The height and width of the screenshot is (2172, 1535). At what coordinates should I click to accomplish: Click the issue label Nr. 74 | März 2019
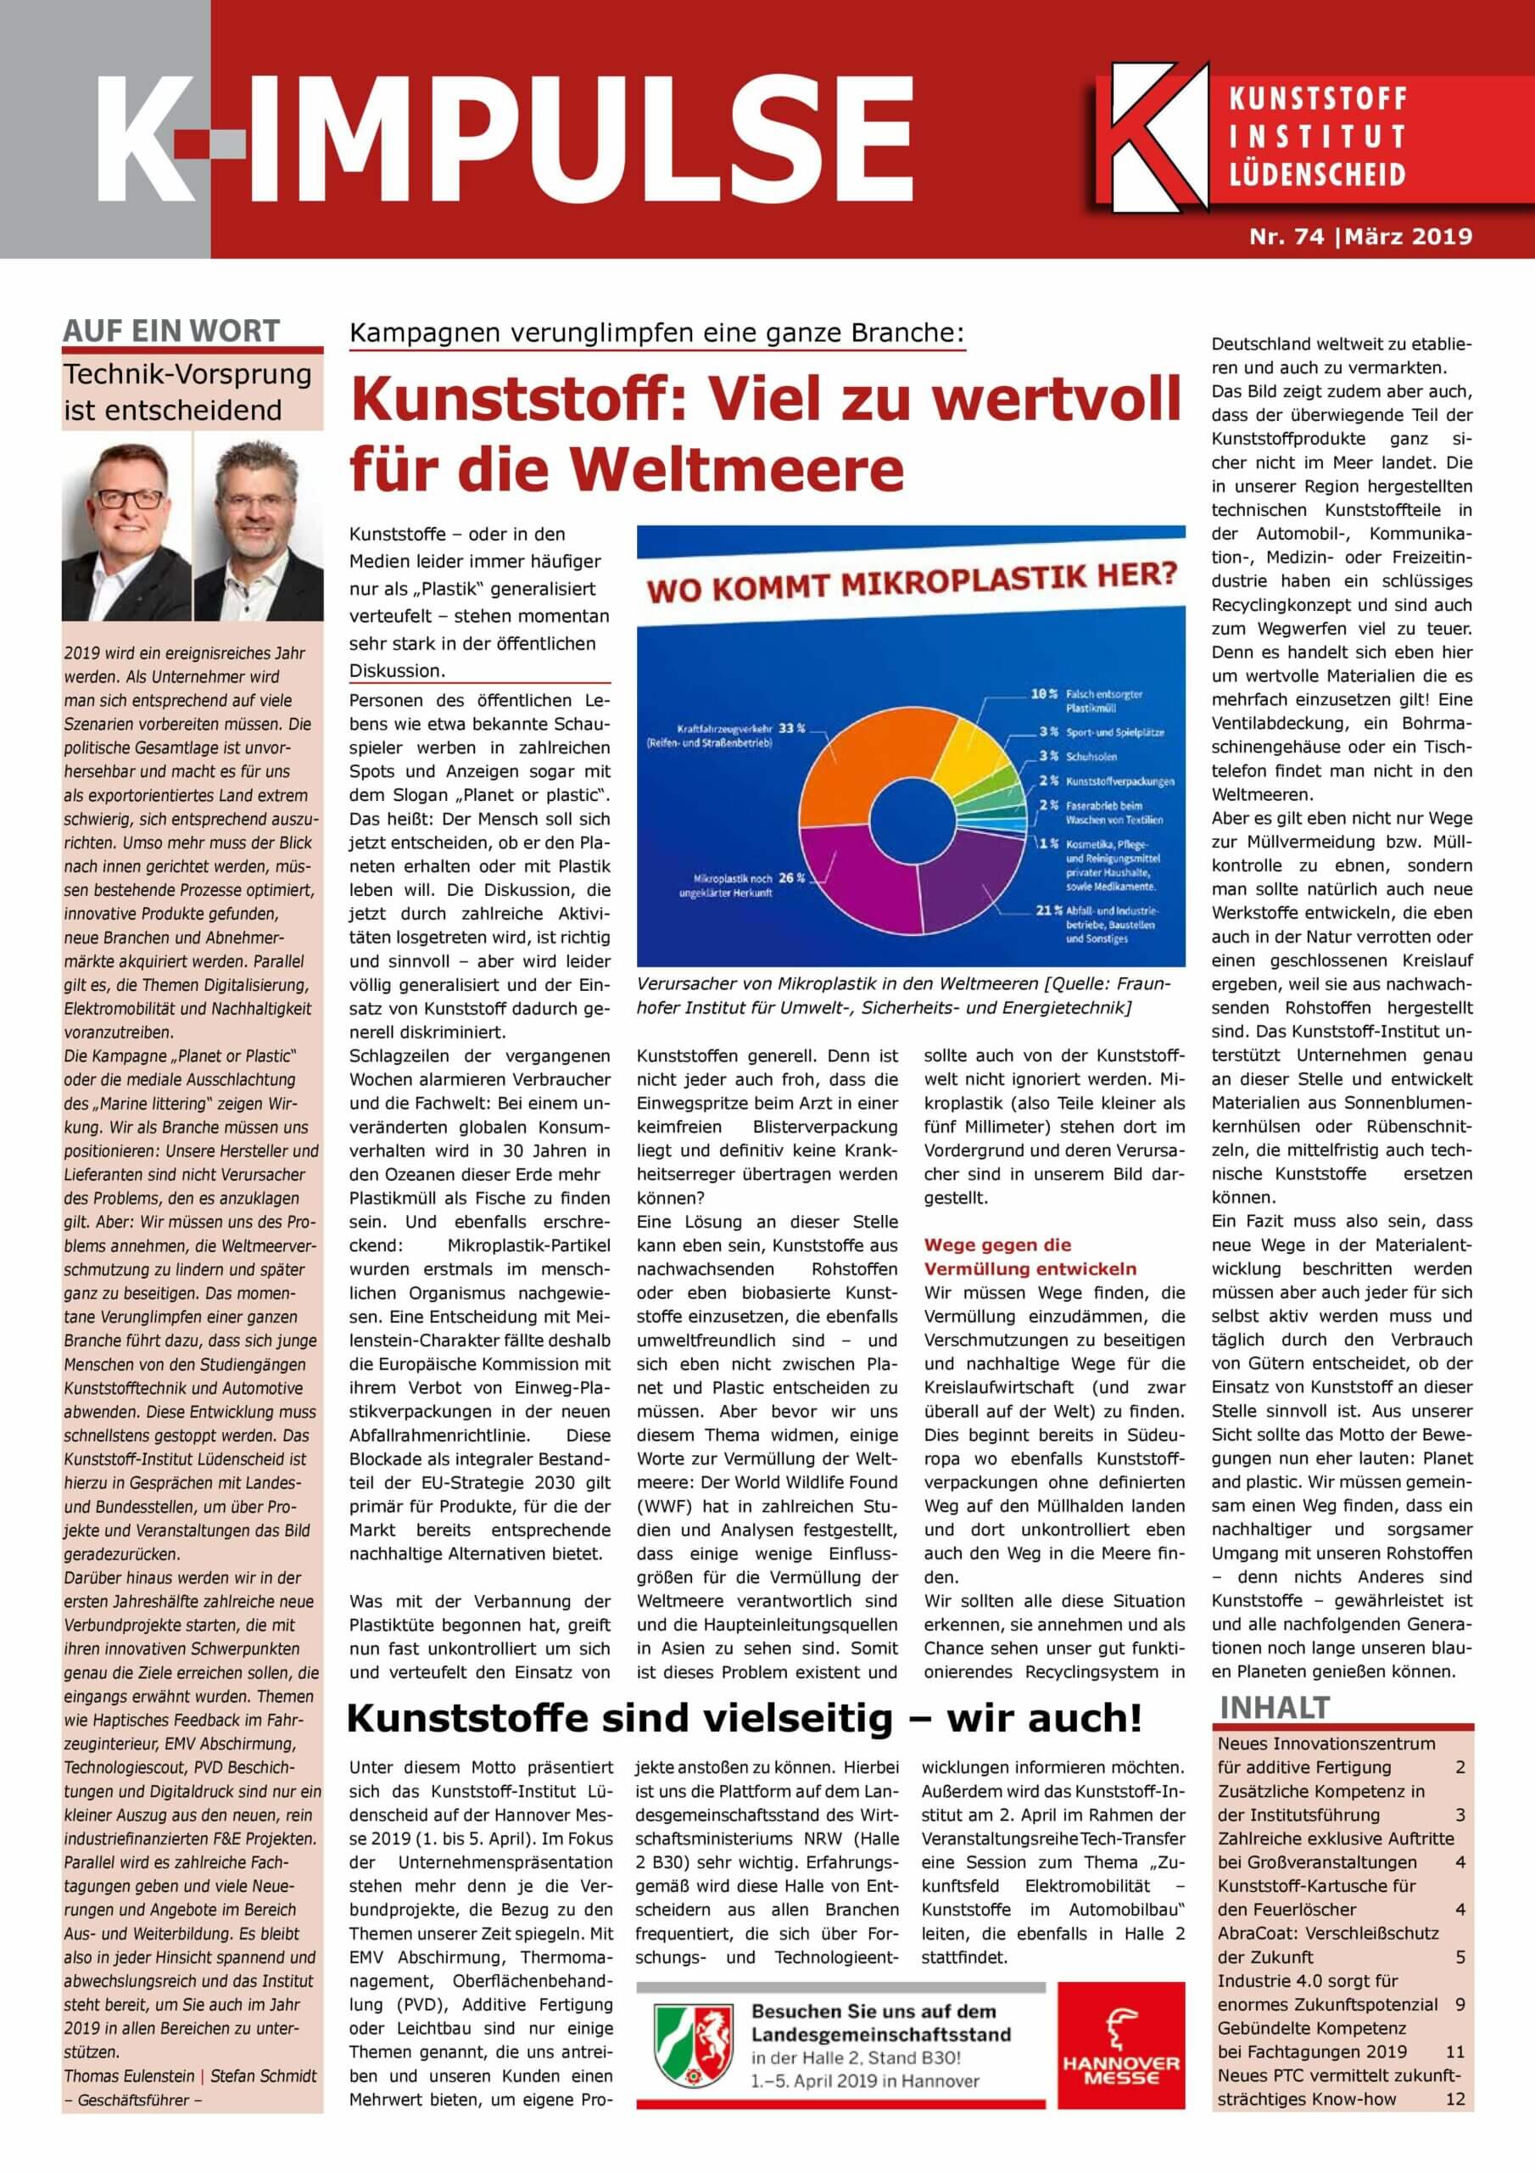(1361, 237)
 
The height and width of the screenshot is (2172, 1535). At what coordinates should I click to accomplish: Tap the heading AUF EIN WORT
(171, 331)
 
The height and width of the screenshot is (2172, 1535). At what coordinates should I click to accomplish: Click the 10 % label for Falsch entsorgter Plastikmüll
(1043, 694)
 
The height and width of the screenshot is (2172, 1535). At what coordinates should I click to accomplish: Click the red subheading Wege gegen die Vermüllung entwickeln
(1029, 1257)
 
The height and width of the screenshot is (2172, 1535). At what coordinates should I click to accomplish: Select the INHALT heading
(1275, 1708)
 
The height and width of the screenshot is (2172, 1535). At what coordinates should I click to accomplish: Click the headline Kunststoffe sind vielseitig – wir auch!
(745, 1717)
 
